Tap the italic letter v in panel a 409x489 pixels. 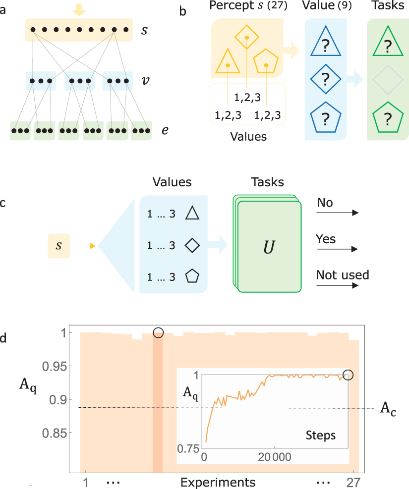click(x=143, y=80)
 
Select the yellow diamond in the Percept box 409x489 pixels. click(x=247, y=37)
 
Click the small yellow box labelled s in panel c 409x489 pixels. click(x=59, y=245)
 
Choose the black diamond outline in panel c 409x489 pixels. click(x=191, y=245)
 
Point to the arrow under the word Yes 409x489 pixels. click(x=337, y=249)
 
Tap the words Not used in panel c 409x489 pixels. click(x=342, y=274)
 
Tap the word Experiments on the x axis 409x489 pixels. click(x=218, y=482)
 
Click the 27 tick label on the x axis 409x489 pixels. click(x=352, y=482)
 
